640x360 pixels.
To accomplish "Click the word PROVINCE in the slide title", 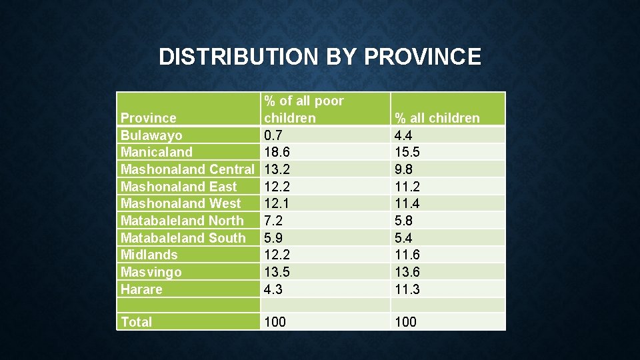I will coord(422,57).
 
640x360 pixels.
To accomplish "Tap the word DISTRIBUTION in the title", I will coord(239,57).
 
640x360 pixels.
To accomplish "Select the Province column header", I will coord(148,118).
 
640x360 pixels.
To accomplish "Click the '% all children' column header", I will coord(437,118).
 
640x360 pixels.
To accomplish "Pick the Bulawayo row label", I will coord(151,135).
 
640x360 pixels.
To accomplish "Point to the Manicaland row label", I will coord(156,152).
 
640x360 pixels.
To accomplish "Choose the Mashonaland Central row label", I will coord(187,169).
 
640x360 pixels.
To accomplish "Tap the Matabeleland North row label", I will coord(182,221).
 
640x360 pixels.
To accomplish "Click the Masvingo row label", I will coord(151,272).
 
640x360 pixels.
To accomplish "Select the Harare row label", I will coord(141,289).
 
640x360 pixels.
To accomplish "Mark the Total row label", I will coord(136,322).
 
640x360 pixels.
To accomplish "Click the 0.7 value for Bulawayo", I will coord(274,135).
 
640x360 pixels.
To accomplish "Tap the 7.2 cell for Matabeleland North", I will coord(274,221).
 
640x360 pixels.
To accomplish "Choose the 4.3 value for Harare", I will coord(274,289).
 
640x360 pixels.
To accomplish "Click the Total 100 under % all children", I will coord(405,322).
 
